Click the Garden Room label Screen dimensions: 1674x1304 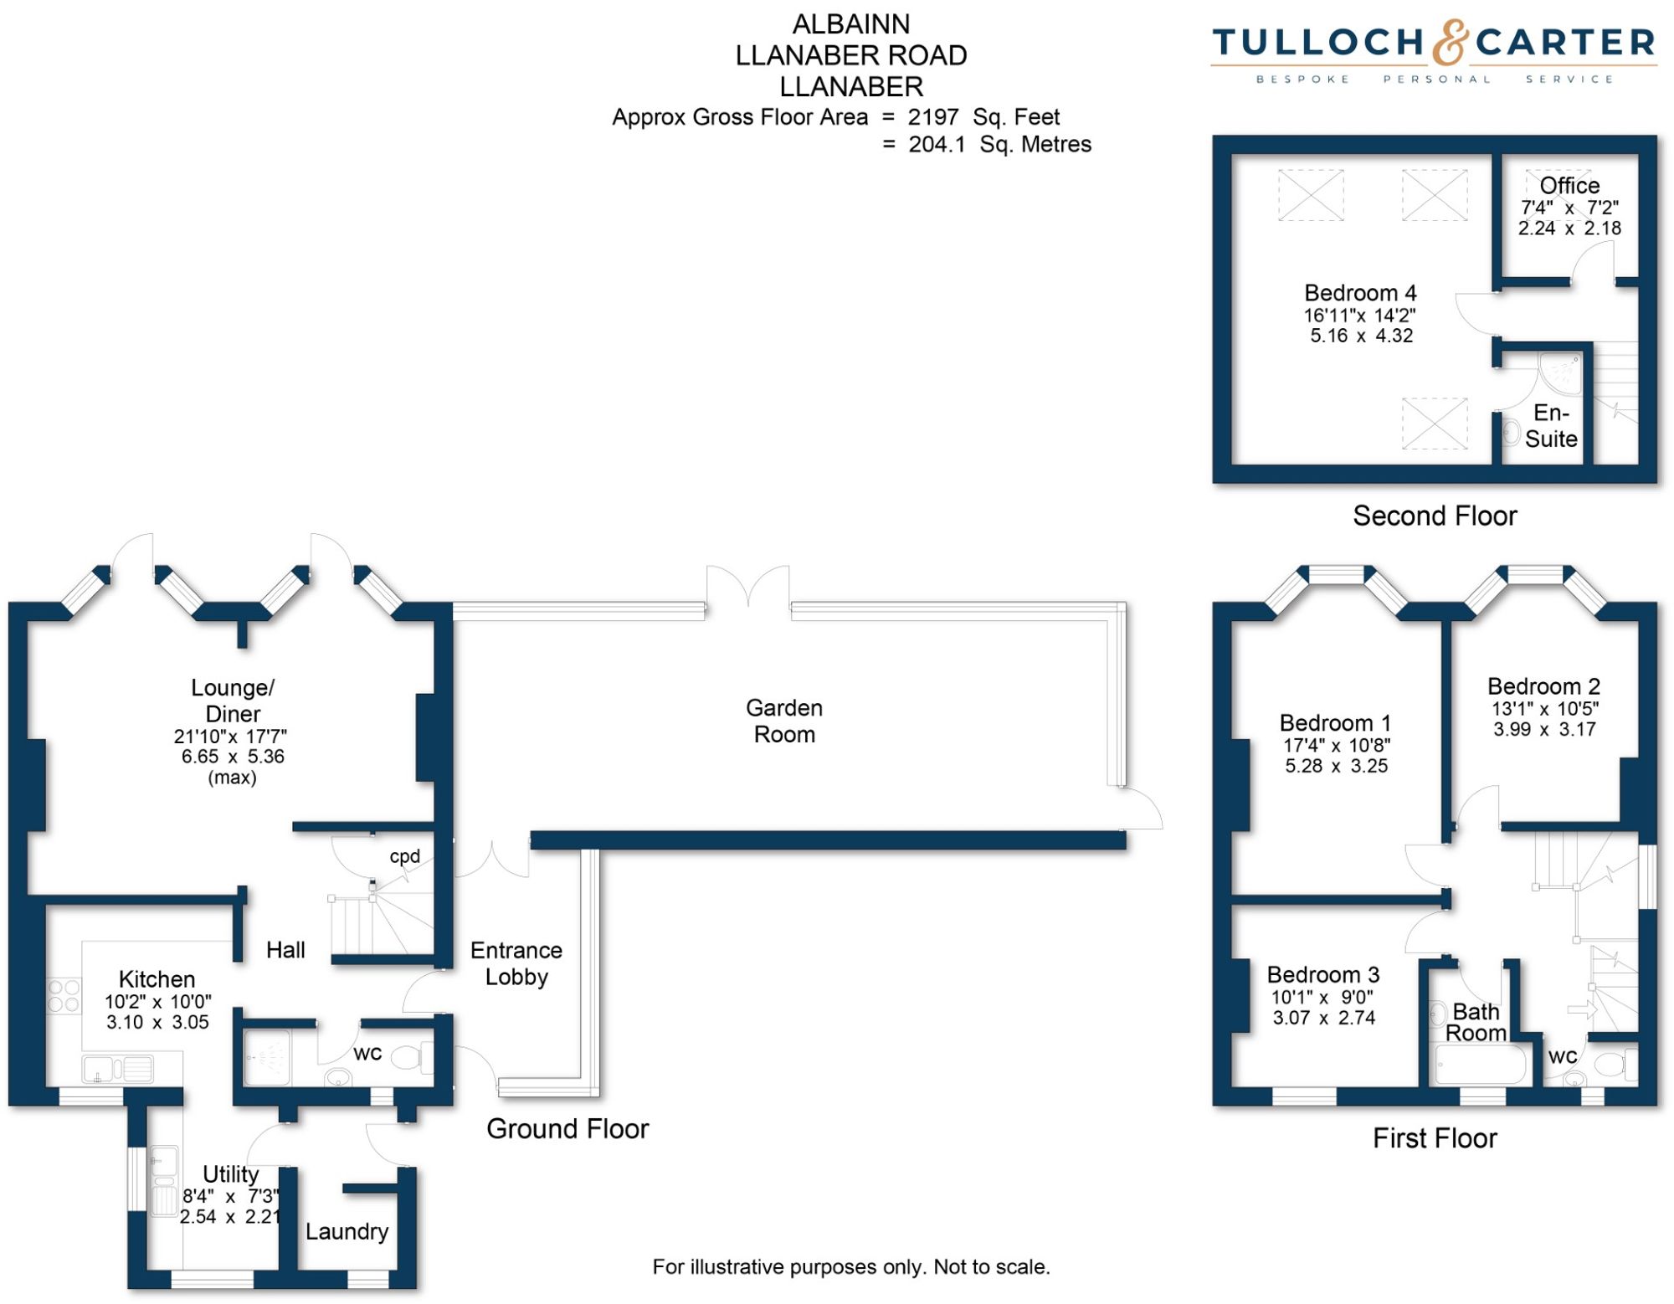[784, 721]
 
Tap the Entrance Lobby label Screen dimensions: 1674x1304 [516, 963]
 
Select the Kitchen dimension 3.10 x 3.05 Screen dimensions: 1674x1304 [157, 1022]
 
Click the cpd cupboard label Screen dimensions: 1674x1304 [405, 856]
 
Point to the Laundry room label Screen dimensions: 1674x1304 [347, 1231]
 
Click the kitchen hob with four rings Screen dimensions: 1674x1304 [64, 995]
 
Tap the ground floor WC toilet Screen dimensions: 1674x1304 [412, 1058]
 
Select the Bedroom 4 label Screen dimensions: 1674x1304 [1360, 293]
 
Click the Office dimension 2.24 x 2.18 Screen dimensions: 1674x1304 [1569, 228]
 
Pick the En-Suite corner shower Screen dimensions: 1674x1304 [1561, 373]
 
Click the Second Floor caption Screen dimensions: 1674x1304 [1435, 516]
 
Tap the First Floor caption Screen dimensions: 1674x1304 [1435, 1138]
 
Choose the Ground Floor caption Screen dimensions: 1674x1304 [567, 1129]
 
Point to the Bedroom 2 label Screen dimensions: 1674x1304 [1543, 686]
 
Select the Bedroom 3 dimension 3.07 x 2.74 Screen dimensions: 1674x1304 [1324, 1018]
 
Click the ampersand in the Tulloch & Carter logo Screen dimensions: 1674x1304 [1450, 44]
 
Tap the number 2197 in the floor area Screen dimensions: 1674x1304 [932, 117]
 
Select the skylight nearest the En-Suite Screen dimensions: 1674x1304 [1435, 424]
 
